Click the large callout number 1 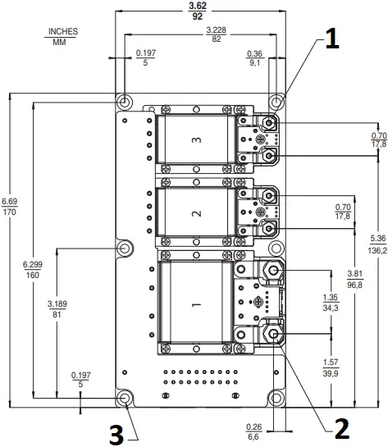tap(329, 40)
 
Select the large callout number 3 tap(118, 434)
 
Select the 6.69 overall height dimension tap(8, 201)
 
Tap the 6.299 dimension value tap(32, 264)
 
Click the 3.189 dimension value tap(57, 303)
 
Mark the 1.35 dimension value tap(331, 298)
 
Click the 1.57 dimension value tap(331, 363)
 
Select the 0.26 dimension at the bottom tap(253, 427)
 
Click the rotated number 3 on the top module tap(195, 140)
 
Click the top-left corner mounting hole tap(125, 101)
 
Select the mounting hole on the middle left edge tap(125, 248)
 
